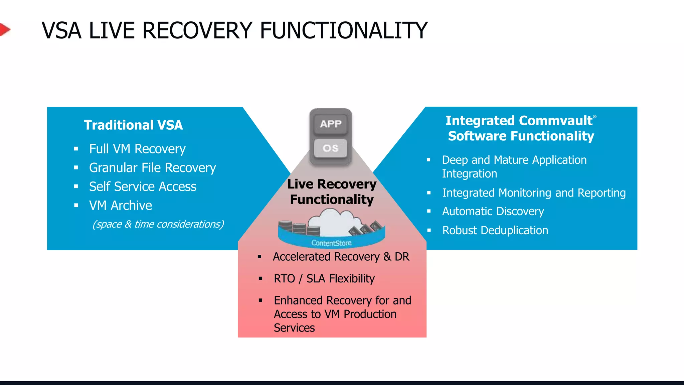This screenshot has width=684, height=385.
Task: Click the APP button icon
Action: pos(330,124)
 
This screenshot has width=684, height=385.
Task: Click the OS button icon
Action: pos(330,148)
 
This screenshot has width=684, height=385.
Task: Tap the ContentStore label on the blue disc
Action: pos(331,243)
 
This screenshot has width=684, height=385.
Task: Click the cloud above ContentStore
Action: pos(334,222)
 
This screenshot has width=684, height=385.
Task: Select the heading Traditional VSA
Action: pos(133,125)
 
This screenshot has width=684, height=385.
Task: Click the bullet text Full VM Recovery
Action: pos(137,149)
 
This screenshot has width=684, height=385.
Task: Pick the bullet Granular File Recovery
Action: pos(152,168)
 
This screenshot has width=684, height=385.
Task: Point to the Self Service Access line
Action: pos(143,186)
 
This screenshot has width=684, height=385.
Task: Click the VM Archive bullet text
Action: pos(120,206)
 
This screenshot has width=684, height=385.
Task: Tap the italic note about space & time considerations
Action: pos(158,224)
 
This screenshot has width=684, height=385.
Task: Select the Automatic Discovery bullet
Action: pos(493,212)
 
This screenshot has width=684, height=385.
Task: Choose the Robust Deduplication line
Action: pos(495,231)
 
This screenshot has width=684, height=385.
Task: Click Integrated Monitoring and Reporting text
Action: pos(534,193)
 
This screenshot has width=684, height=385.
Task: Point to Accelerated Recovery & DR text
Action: pos(341,257)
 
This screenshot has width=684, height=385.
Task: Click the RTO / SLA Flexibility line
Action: pos(324,279)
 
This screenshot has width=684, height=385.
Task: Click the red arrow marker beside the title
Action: pos(4,30)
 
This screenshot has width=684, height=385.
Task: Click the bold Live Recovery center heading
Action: pos(332,184)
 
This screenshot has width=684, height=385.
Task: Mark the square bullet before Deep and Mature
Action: pos(429,160)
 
